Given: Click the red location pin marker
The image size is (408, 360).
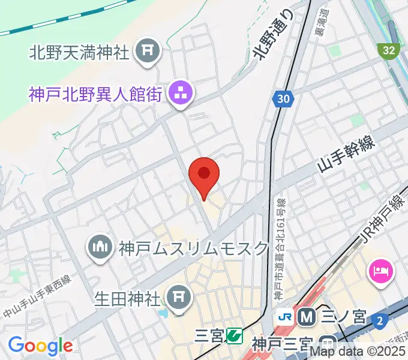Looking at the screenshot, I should tap(204, 174).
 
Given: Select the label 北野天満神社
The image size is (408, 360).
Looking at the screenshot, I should tap(79, 53).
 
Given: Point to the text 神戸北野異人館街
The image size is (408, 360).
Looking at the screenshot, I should tap(95, 94).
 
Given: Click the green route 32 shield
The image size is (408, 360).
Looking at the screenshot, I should tap(389, 50).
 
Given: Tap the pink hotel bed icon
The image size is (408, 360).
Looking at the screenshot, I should tap(381, 271).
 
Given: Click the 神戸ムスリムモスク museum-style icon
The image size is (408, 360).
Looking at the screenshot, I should tap(100, 247).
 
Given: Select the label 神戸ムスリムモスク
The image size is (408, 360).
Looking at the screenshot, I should tap(193, 248).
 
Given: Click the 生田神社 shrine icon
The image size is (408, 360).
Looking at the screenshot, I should tap(176, 295).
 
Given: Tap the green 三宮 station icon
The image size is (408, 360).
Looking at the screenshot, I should tap(234, 336).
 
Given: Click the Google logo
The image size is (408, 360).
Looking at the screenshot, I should tap(40, 346).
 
